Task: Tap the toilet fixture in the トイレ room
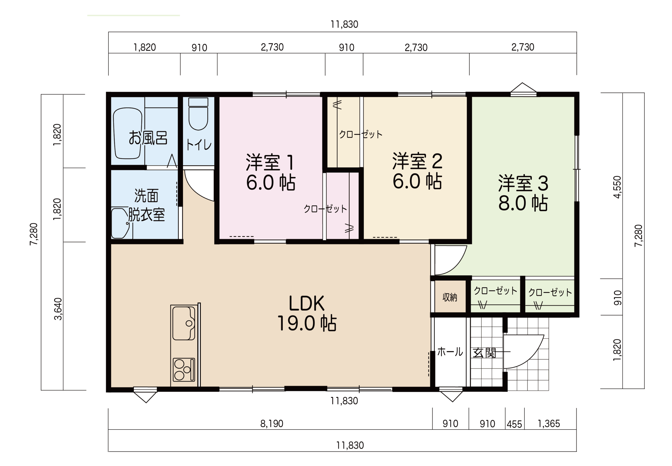click(x=198, y=114)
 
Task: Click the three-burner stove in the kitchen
click(x=183, y=370)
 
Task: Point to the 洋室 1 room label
click(x=270, y=162)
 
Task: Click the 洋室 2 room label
click(x=417, y=161)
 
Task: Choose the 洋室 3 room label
click(x=523, y=183)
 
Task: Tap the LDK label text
click(x=306, y=303)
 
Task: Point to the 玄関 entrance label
click(x=484, y=353)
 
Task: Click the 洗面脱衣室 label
click(x=146, y=205)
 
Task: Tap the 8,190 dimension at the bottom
click(x=271, y=423)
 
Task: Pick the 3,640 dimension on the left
click(x=58, y=309)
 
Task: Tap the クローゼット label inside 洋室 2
click(x=361, y=134)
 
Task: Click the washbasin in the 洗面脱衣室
click(x=120, y=223)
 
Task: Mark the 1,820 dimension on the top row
click(x=144, y=47)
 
